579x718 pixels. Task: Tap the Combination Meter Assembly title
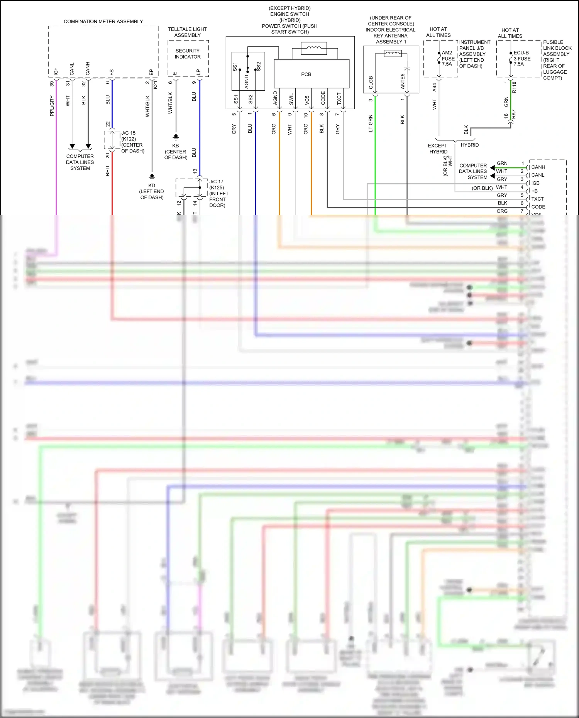103,22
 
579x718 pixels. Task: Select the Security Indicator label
188,54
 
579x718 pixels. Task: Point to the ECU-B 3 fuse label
521,58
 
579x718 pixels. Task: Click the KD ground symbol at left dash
152,177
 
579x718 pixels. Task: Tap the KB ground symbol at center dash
176,137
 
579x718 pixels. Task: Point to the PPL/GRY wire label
52,106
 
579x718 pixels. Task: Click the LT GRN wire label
371,123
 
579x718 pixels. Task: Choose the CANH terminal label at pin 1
538,167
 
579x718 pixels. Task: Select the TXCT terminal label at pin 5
537,199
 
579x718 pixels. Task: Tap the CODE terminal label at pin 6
538,207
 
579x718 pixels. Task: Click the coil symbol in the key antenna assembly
392,54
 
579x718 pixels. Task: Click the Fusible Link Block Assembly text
557,60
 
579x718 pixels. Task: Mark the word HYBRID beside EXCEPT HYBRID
469,145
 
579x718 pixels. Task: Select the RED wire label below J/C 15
108,171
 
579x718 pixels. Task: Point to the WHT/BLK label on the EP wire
147,106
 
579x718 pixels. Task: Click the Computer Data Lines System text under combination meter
80,162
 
